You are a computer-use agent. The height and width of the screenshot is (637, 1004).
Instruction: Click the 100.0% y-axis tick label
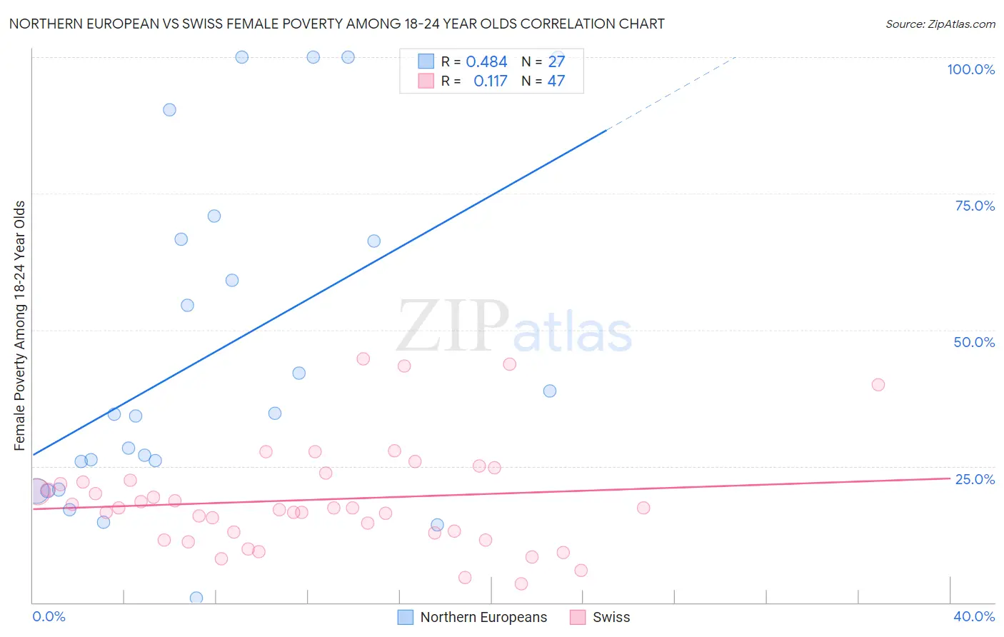pyautogui.click(x=970, y=69)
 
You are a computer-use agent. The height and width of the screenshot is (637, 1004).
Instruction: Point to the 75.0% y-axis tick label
pyautogui.click(x=975, y=206)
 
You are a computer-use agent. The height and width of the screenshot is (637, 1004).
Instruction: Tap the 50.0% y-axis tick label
pyautogui.click(x=974, y=342)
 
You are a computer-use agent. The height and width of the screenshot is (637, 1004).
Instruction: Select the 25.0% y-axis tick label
pyautogui.click(x=975, y=479)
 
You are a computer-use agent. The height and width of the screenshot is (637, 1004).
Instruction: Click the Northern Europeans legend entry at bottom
pyautogui.click(x=483, y=617)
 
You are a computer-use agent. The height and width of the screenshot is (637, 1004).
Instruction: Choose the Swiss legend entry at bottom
pyautogui.click(x=611, y=617)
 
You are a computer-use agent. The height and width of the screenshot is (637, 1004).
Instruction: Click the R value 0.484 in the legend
pyautogui.click(x=486, y=62)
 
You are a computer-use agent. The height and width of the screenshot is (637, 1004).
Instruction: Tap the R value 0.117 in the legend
pyautogui.click(x=491, y=81)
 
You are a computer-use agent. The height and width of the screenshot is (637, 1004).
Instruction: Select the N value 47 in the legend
pyautogui.click(x=556, y=81)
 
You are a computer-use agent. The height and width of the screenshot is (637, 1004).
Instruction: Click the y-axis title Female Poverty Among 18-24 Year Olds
pyautogui.click(x=20, y=326)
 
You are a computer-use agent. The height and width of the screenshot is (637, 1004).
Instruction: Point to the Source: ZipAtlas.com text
pyautogui.click(x=940, y=24)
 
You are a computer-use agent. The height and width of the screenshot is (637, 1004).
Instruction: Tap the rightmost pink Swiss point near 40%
pyautogui.click(x=878, y=385)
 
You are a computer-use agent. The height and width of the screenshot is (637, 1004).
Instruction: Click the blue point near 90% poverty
pyautogui.click(x=169, y=110)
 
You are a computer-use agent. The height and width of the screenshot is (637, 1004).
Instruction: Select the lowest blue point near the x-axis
pyautogui.click(x=196, y=598)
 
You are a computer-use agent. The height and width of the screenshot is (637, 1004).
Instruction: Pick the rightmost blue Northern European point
pyautogui.click(x=550, y=391)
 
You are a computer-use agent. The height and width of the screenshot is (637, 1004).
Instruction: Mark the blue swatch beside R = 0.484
pyautogui.click(x=426, y=62)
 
